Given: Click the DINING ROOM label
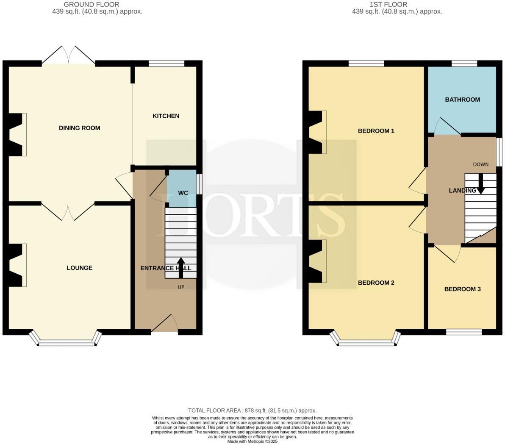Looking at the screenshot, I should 80,128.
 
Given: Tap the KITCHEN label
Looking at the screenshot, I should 166,116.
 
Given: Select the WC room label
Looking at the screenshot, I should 183,193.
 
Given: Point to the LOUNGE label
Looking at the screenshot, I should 80,268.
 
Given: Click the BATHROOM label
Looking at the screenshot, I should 462,100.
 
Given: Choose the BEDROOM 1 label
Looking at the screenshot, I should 376,131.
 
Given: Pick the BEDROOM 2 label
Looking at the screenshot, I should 376,283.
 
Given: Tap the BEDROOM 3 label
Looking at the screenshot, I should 462,289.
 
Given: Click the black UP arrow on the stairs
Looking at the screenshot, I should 181,267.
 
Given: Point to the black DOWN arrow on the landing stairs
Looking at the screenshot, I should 481,185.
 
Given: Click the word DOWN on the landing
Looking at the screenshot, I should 481,164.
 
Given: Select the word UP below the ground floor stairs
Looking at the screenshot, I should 181,287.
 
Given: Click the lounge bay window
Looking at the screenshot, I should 66,341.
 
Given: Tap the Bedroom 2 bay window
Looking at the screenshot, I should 366,341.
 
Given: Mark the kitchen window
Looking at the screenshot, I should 166,64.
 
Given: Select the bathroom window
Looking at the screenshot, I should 465,64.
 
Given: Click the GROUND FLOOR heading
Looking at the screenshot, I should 91,5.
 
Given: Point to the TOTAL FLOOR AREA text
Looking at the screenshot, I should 252,411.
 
